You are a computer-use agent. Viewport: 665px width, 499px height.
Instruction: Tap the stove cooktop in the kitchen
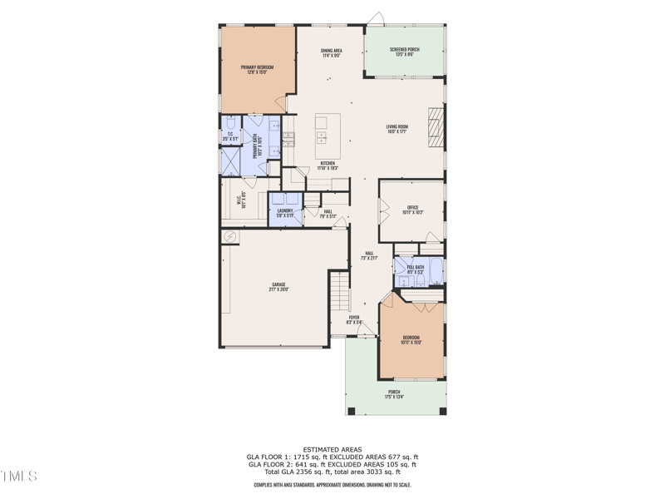288,139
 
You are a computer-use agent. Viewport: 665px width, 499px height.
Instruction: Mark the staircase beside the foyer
337,294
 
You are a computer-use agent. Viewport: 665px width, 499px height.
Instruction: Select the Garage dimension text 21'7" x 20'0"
278,290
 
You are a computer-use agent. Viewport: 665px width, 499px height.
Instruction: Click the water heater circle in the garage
230,237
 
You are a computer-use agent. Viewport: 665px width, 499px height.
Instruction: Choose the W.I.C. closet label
243,200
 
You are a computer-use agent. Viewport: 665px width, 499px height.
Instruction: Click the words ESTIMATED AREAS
332,448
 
